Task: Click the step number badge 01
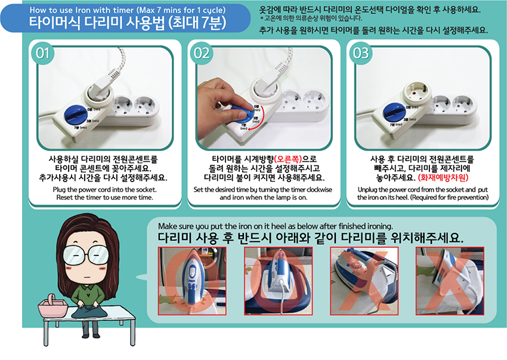(x=42, y=53)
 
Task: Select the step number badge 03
(x=361, y=53)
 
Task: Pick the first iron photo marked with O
(x=192, y=281)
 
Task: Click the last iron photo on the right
(x=449, y=281)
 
